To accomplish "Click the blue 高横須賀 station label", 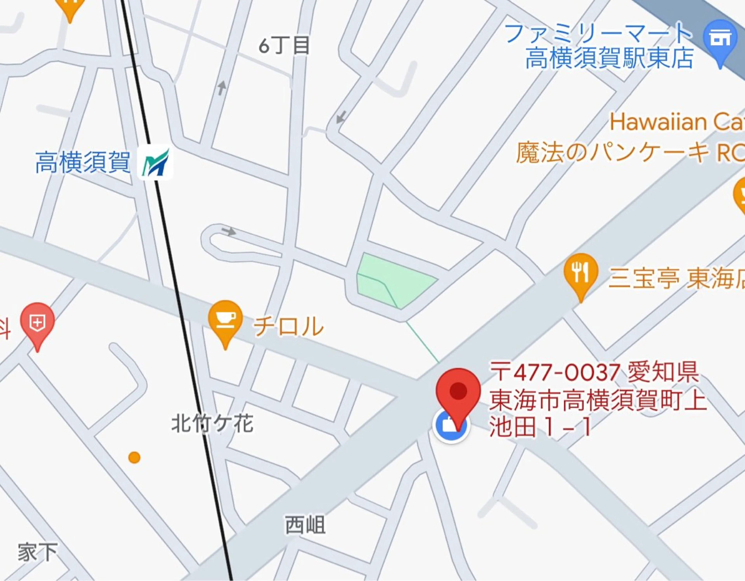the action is [83, 163].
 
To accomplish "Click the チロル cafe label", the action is [288, 326].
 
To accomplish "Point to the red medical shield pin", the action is [37, 322].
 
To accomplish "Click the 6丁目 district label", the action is [284, 46].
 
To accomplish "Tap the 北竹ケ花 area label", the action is [212, 424].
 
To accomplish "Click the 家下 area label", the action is [37, 553].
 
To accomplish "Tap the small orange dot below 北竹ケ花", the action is [134, 457].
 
